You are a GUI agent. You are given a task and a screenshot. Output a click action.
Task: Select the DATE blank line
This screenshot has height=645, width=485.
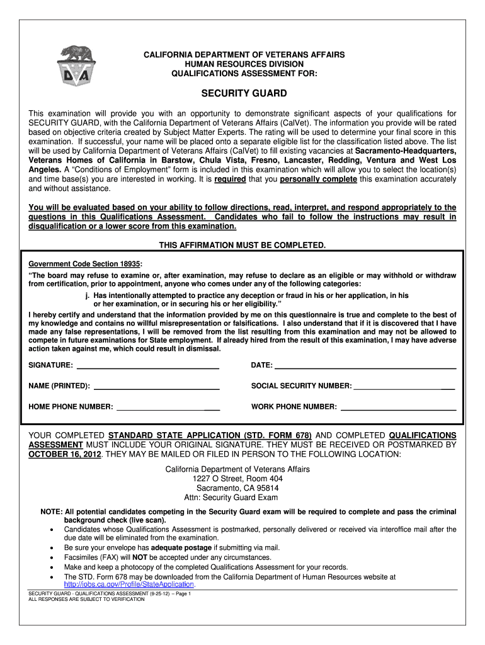point(365,366)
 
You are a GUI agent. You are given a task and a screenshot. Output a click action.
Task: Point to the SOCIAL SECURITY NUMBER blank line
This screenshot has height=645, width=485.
point(404,386)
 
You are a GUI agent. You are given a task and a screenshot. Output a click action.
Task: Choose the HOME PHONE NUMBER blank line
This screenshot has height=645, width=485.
point(168,408)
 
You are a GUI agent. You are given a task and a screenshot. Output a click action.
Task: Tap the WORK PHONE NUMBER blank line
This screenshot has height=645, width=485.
point(398,408)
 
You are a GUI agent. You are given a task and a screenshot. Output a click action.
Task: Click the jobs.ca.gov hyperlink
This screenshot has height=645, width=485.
point(125,584)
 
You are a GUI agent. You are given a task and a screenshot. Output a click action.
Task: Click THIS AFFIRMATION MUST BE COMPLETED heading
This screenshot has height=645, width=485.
point(242,244)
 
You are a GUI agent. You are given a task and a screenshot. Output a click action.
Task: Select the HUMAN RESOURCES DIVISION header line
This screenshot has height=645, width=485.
point(243,64)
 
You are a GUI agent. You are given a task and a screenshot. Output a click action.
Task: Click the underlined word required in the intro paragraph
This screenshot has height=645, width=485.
point(231,180)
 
